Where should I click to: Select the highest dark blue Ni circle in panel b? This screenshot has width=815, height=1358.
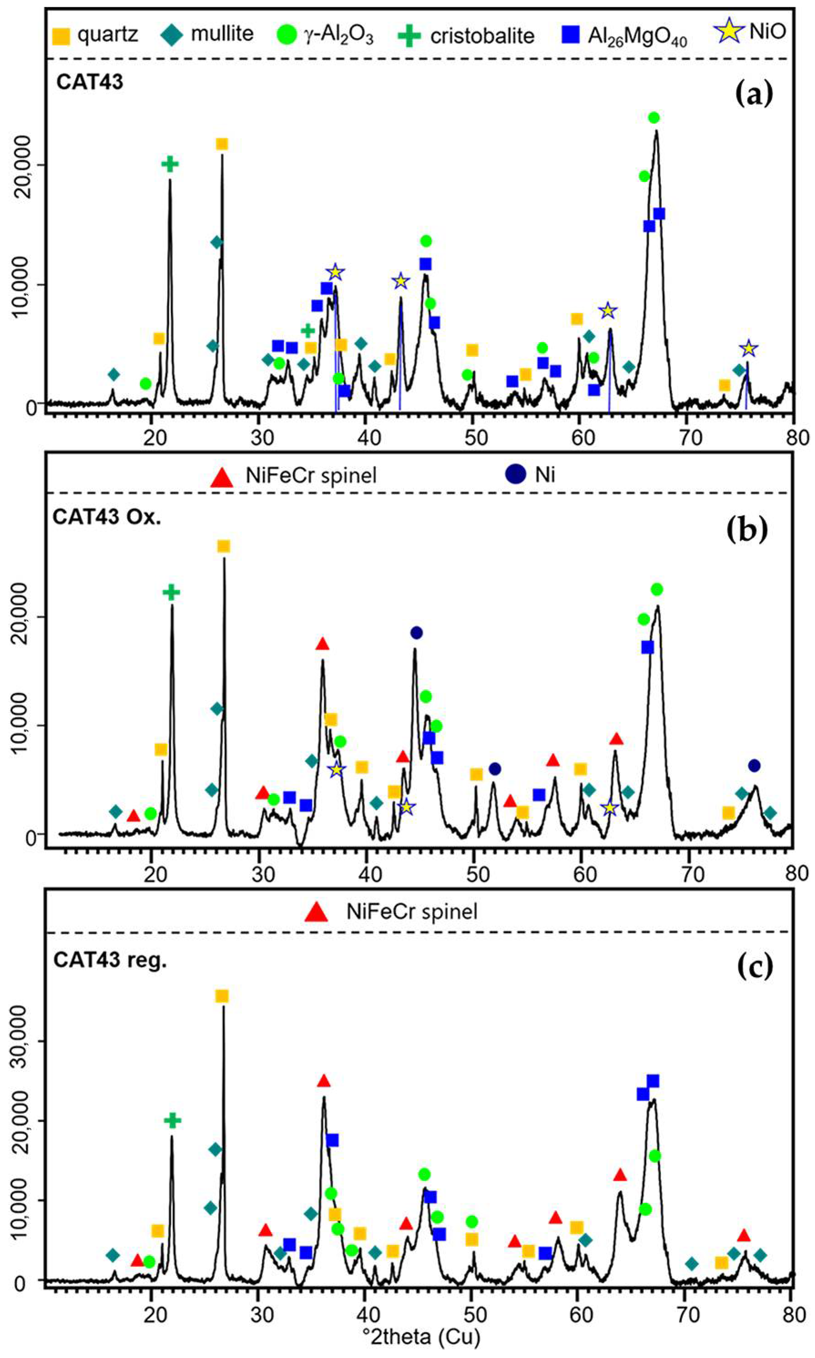tap(416, 633)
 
